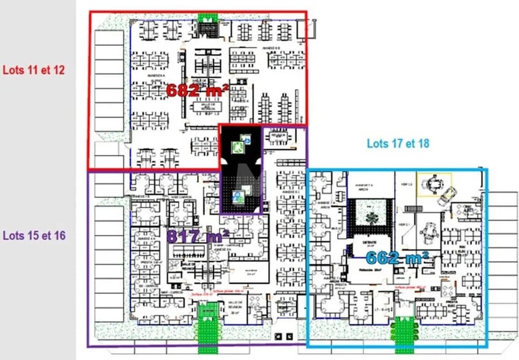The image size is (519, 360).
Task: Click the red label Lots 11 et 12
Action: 34,70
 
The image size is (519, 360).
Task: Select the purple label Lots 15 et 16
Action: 34,235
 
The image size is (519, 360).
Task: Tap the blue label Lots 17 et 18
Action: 398,144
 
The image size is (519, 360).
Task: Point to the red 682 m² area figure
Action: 198,91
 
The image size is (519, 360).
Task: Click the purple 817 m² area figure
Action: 198,236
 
